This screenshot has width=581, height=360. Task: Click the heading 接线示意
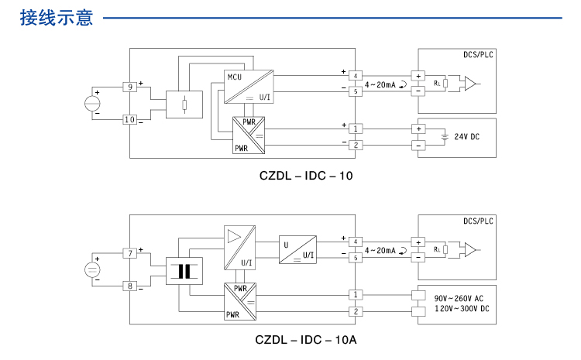click(x=57, y=18)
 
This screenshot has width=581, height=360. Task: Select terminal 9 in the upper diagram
click(x=129, y=87)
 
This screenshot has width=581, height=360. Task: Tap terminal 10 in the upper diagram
click(x=129, y=119)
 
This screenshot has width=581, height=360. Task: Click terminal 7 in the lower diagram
click(x=129, y=253)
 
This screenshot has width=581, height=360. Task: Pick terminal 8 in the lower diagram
click(x=129, y=286)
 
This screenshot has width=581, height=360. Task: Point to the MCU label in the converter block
click(x=235, y=77)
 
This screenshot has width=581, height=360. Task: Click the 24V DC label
click(x=467, y=137)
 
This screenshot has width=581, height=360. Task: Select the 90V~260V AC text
click(x=459, y=298)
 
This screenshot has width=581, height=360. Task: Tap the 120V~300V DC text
click(x=462, y=309)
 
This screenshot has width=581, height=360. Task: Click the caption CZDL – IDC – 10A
click(x=306, y=340)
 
